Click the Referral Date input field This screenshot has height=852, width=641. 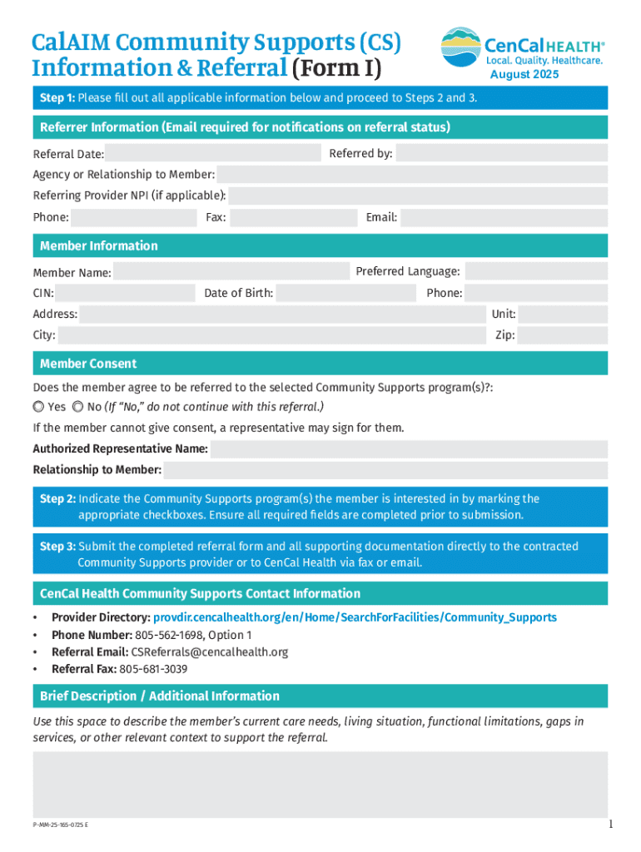(213, 153)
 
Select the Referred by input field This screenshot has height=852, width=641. (501, 153)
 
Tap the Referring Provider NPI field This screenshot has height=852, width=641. (418, 196)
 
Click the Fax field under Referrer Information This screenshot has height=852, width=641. (293, 217)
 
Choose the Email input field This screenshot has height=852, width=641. (504, 217)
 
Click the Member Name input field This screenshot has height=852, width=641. (231, 272)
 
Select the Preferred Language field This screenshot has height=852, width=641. (536, 272)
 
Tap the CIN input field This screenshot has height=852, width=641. (126, 293)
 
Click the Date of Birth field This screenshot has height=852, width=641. (345, 293)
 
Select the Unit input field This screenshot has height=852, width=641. (564, 315)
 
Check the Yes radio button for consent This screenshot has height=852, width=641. (38, 407)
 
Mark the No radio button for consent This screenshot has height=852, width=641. (77, 407)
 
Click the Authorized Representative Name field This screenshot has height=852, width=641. (409, 449)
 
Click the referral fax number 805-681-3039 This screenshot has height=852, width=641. (153, 669)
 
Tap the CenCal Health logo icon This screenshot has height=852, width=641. (460, 47)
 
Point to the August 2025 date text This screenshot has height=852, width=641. (524, 75)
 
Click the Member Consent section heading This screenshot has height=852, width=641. (88, 364)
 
